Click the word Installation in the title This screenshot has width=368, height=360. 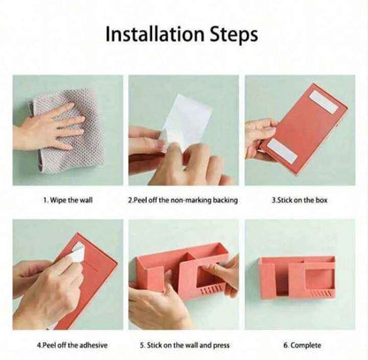155,34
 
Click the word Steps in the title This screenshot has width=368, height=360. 234,34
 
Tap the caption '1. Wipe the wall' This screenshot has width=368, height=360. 68,200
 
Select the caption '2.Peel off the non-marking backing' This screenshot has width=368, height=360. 183,200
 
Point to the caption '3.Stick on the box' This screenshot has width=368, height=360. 300,200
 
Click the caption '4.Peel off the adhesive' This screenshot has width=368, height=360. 73,345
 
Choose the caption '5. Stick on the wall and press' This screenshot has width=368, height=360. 185,345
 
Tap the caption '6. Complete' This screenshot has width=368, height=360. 303,345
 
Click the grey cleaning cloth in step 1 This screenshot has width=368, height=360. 68,130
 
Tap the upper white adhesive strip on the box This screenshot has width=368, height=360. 325,102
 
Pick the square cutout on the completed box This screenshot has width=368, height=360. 316,279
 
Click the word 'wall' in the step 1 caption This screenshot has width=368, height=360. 86,200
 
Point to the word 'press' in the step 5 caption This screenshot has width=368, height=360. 221,346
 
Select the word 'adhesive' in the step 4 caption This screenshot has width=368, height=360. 94,345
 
